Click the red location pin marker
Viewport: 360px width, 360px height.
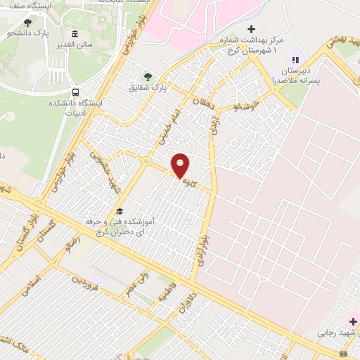click(x=181, y=165)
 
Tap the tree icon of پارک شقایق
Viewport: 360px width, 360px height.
click(x=148, y=77)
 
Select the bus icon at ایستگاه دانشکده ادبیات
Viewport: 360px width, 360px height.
click(x=75, y=92)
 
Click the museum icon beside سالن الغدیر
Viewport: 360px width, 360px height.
click(x=75, y=34)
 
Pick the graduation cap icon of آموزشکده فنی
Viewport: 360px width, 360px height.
click(x=120, y=211)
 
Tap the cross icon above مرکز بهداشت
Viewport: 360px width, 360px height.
click(x=251, y=29)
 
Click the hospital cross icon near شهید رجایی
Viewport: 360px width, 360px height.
click(x=353, y=321)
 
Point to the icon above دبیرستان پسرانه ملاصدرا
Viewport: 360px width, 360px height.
click(x=295, y=60)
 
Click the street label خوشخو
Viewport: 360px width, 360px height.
click(x=247, y=105)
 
